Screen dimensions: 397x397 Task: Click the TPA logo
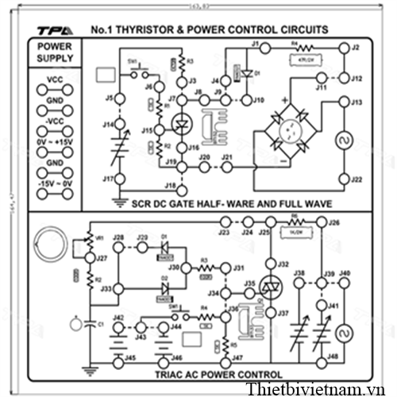pos(56,31)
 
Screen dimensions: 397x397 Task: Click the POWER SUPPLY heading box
pos(55,52)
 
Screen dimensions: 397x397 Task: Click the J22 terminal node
pos(345,178)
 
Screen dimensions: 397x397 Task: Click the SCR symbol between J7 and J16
pos(182,125)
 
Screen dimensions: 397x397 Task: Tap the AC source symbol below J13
pos(345,141)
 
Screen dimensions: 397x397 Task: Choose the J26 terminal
pos(322,223)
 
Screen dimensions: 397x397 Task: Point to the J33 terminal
pos(118,289)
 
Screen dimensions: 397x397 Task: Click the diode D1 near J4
pos(247,73)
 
